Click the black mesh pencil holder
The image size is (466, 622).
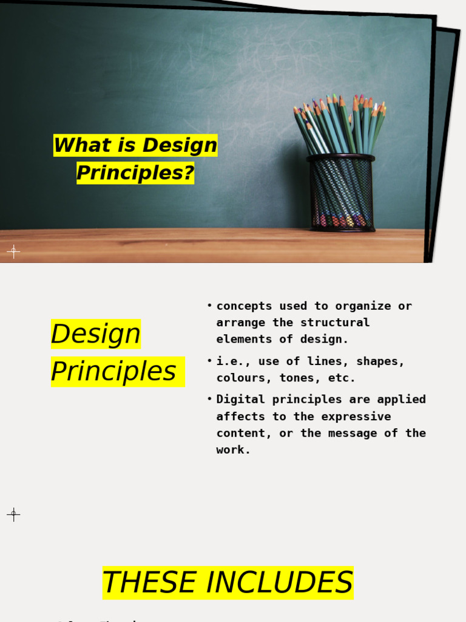point(341,193)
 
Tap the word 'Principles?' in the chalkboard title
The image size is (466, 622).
point(135,173)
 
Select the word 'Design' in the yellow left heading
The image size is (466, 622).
point(96,334)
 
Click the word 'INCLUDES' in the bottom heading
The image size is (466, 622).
point(279,583)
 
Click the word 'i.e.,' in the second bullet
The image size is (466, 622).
point(234,361)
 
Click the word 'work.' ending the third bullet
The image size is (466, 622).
point(234,450)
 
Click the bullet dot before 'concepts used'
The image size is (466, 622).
point(209,305)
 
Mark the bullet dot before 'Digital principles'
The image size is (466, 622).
point(209,398)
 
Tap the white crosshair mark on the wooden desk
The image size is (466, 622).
point(13,251)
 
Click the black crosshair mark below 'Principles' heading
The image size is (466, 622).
point(13,514)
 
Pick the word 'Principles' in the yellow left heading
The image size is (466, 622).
point(113,372)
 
